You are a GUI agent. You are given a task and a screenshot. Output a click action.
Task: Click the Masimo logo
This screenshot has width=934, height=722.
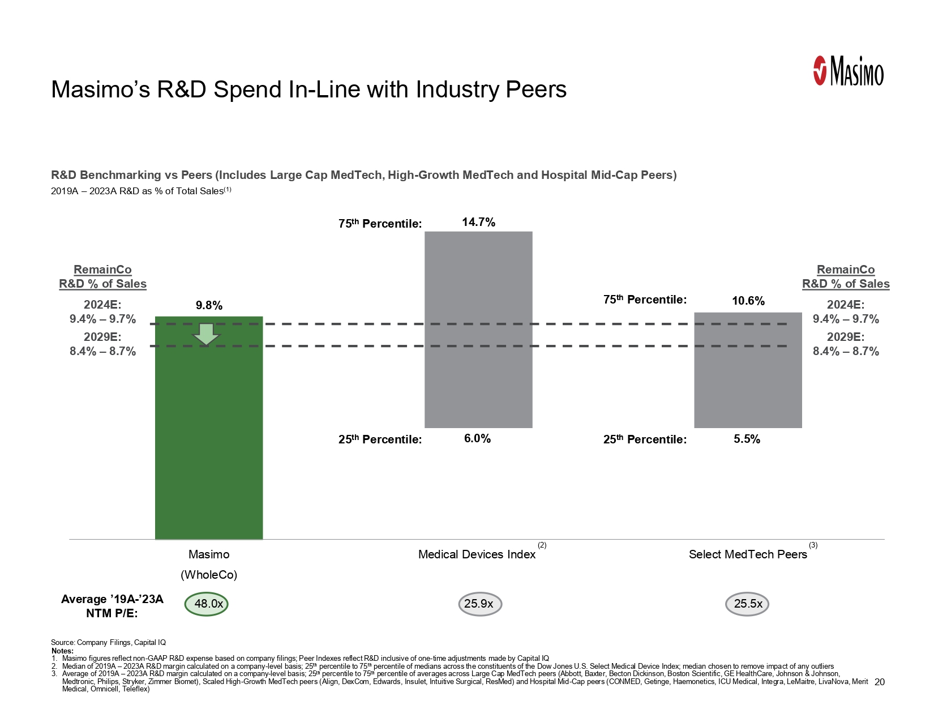pos(848,71)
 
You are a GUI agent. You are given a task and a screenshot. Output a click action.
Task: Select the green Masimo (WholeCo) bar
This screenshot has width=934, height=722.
pos(209,442)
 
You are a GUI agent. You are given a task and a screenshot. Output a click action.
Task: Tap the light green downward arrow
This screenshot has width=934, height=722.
pos(206,334)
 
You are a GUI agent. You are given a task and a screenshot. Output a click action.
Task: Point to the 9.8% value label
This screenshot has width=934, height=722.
pos(209,306)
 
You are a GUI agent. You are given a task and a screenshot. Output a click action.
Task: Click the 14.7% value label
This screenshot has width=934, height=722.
pos(478,223)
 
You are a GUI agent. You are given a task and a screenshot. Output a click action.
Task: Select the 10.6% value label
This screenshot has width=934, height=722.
pos(748,301)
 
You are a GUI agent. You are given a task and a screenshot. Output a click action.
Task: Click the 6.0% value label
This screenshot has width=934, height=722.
pos(477,439)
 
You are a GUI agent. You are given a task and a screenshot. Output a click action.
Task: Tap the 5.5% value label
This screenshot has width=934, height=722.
pos(747,439)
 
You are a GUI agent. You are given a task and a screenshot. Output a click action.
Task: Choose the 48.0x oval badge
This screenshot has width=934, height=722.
pos(207,604)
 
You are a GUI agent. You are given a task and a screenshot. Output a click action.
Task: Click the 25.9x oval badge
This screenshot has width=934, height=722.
pos(479,604)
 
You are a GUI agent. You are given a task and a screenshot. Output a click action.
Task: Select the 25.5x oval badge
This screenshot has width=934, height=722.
pos(747,604)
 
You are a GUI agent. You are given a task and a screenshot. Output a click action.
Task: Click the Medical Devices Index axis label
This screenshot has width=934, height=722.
pos(477,555)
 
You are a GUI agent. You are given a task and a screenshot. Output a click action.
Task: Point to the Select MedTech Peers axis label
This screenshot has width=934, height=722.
pos(748,555)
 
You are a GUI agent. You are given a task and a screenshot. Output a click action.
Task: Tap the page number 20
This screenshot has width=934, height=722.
pos(879,682)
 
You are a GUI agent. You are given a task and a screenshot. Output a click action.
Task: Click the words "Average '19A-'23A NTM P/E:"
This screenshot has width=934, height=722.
pos(112,606)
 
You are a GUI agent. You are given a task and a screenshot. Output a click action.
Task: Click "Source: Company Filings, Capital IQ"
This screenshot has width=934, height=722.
pos(108,642)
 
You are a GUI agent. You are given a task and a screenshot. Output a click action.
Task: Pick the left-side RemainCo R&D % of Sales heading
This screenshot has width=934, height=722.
pos(102,277)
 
